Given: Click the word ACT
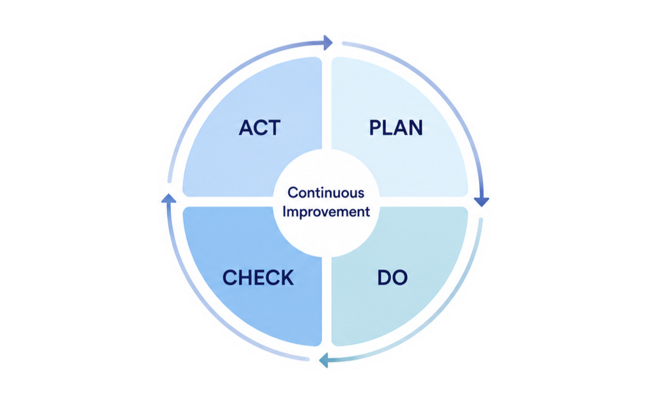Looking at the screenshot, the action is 260,127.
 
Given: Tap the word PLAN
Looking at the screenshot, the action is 396,127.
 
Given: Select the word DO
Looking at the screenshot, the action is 392,278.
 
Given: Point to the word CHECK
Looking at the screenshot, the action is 258,278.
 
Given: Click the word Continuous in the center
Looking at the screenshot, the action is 326,192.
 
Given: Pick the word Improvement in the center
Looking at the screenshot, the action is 326,212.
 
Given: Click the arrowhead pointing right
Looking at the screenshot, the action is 328,43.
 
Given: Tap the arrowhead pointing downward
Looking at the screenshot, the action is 482,202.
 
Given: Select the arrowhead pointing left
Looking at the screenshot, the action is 323,360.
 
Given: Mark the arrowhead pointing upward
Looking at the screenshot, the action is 168,198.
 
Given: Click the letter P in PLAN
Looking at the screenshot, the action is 376,127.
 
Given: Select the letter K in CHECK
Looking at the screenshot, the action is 287,278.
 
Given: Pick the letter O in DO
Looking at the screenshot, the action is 400,278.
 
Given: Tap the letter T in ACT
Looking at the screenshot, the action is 274,127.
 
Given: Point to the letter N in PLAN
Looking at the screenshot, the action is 416,127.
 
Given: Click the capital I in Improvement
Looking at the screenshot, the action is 285,211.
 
